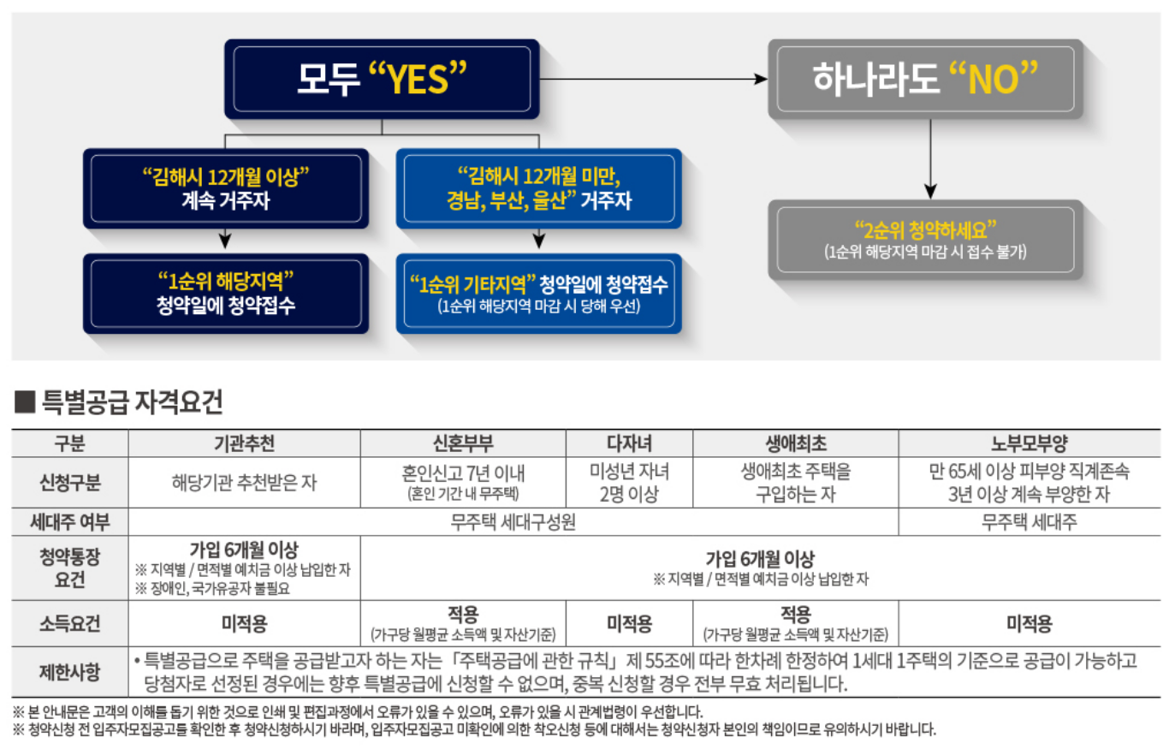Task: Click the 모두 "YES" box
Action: coord(382,79)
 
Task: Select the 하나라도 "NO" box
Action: coord(924,79)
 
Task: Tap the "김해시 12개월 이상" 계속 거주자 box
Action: coord(226,188)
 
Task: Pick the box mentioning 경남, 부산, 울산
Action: coord(538,188)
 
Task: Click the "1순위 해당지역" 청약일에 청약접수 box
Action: coord(226,293)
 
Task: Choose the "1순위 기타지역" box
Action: coord(538,293)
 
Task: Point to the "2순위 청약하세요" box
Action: coord(924,240)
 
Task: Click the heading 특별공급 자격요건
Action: coord(132,401)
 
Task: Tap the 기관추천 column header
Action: coord(244,443)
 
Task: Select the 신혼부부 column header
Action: coord(462,443)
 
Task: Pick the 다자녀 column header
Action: coord(629,443)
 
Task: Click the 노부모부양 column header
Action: coord(1029,443)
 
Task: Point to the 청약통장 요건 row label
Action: coord(69,568)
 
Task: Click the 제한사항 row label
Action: coord(69,672)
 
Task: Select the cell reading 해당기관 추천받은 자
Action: coord(244,483)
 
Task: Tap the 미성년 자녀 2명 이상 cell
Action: coord(629,483)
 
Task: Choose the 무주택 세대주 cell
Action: coord(1029,522)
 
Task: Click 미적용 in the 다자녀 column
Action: coord(629,624)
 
